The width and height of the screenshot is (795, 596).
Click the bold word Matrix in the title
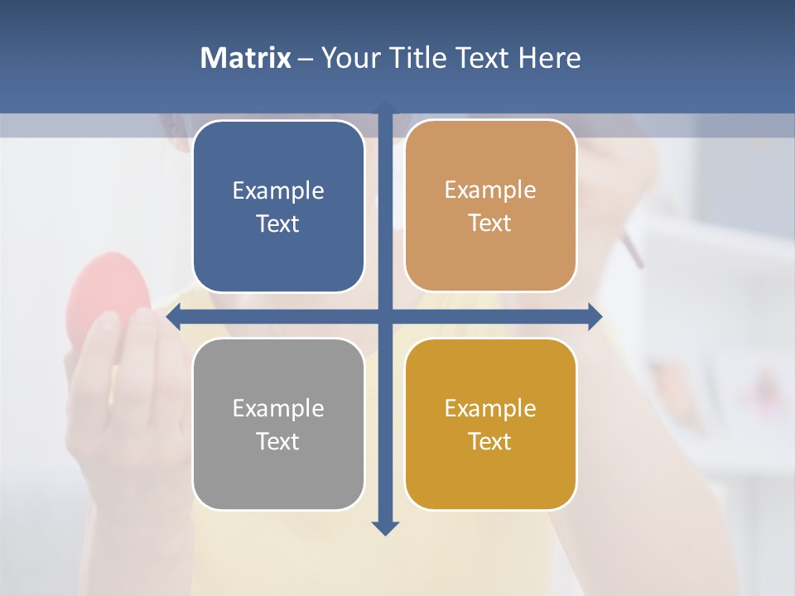pos(245,58)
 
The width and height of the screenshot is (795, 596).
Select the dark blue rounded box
pos(278,207)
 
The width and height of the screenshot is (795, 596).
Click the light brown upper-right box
pos(490,206)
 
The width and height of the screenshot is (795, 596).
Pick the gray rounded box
pos(278,424)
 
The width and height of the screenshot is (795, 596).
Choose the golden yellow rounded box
pos(490,424)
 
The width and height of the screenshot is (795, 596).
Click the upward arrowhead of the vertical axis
pos(385,107)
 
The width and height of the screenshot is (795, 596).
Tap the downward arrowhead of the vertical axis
pos(385,527)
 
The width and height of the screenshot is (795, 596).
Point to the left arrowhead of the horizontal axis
pos(174,316)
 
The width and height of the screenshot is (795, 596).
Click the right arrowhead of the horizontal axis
pos(595,316)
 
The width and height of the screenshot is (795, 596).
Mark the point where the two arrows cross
pos(385,316)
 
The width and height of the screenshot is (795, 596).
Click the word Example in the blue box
pos(278,190)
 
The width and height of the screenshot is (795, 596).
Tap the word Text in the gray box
pos(278,441)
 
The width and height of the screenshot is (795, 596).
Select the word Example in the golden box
pos(490,408)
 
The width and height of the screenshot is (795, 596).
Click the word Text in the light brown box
pos(490,223)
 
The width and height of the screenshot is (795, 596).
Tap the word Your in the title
pos(346,58)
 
